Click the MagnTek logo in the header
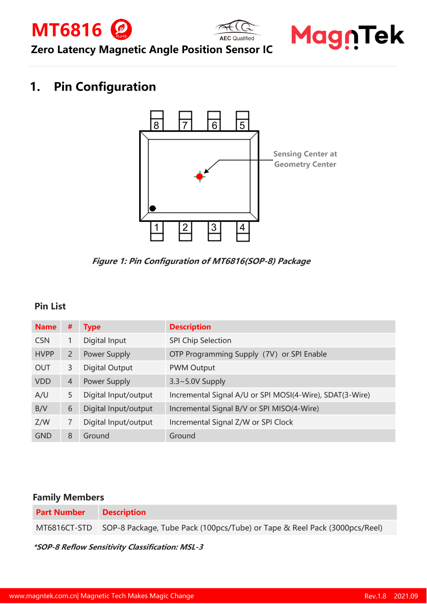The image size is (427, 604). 347,36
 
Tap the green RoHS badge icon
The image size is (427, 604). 121,30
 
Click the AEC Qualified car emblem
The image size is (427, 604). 237,30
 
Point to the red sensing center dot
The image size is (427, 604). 199,177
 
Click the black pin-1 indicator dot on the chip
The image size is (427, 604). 152,209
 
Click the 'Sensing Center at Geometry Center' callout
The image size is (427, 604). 305,159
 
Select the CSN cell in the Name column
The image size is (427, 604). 42,340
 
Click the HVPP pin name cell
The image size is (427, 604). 44,354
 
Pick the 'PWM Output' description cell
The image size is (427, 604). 192,368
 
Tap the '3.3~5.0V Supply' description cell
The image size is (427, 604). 197,381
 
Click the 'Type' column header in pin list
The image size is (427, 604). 92,327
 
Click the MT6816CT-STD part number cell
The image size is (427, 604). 64,528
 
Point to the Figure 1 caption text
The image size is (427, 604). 201,261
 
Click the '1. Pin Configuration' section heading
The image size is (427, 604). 93,87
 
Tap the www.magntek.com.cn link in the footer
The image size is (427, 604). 43,596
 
